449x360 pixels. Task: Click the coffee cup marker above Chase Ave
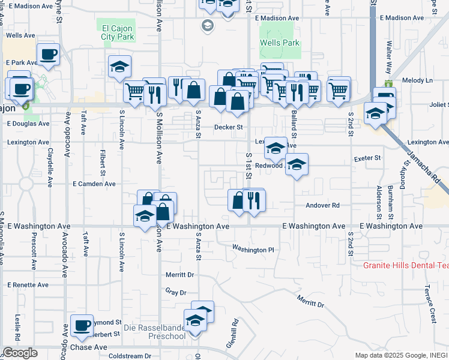click(82, 326)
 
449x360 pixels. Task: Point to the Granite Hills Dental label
click(406, 265)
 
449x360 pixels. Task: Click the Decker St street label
click(229, 127)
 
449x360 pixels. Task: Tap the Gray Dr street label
click(176, 292)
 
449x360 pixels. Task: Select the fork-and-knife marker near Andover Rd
click(253, 200)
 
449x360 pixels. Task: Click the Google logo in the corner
click(20, 353)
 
